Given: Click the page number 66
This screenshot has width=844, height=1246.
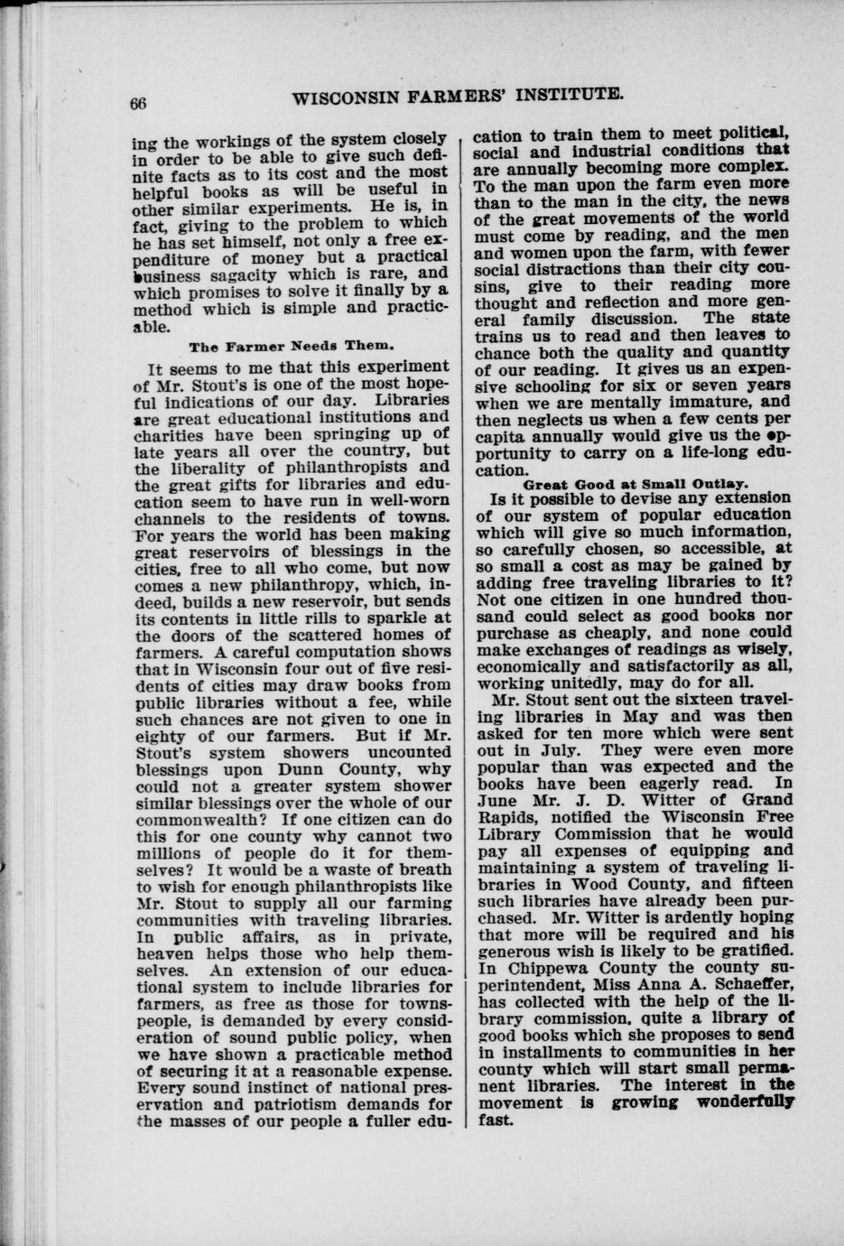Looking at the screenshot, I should pyautogui.click(x=137, y=103).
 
